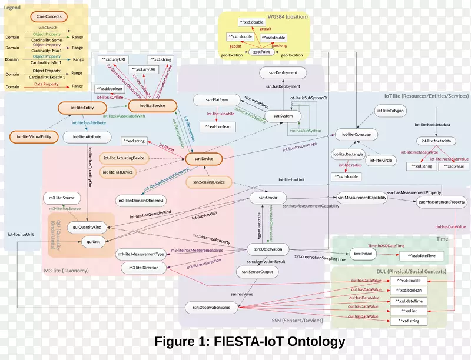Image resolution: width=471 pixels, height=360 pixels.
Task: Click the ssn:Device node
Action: click(x=203, y=158)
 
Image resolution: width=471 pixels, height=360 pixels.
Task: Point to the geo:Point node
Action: click(x=257, y=52)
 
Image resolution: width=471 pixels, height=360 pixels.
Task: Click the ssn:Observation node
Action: click(x=264, y=249)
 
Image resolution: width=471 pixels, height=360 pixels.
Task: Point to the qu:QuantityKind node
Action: click(x=87, y=226)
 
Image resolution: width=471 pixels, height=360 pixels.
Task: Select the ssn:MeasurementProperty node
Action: click(x=442, y=203)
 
